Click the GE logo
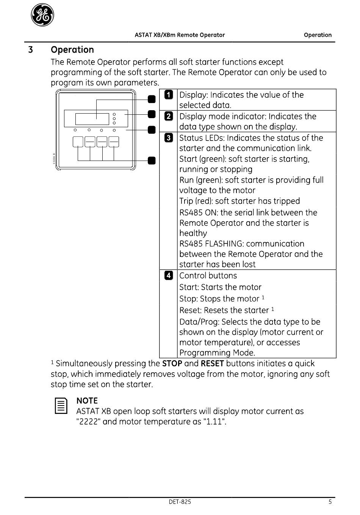point(42,15)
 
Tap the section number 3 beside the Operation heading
point(30,50)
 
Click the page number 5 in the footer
point(330,502)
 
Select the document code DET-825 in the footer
point(180,502)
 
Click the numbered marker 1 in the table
point(169,95)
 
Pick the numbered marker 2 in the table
point(169,116)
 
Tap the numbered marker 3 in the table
point(169,138)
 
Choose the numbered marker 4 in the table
point(169,275)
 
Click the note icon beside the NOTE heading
point(61,406)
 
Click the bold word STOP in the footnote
point(172,364)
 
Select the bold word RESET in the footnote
point(212,364)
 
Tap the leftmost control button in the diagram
point(78,142)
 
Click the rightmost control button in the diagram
point(114,142)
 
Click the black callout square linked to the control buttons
point(152,161)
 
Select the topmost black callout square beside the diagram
point(152,99)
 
